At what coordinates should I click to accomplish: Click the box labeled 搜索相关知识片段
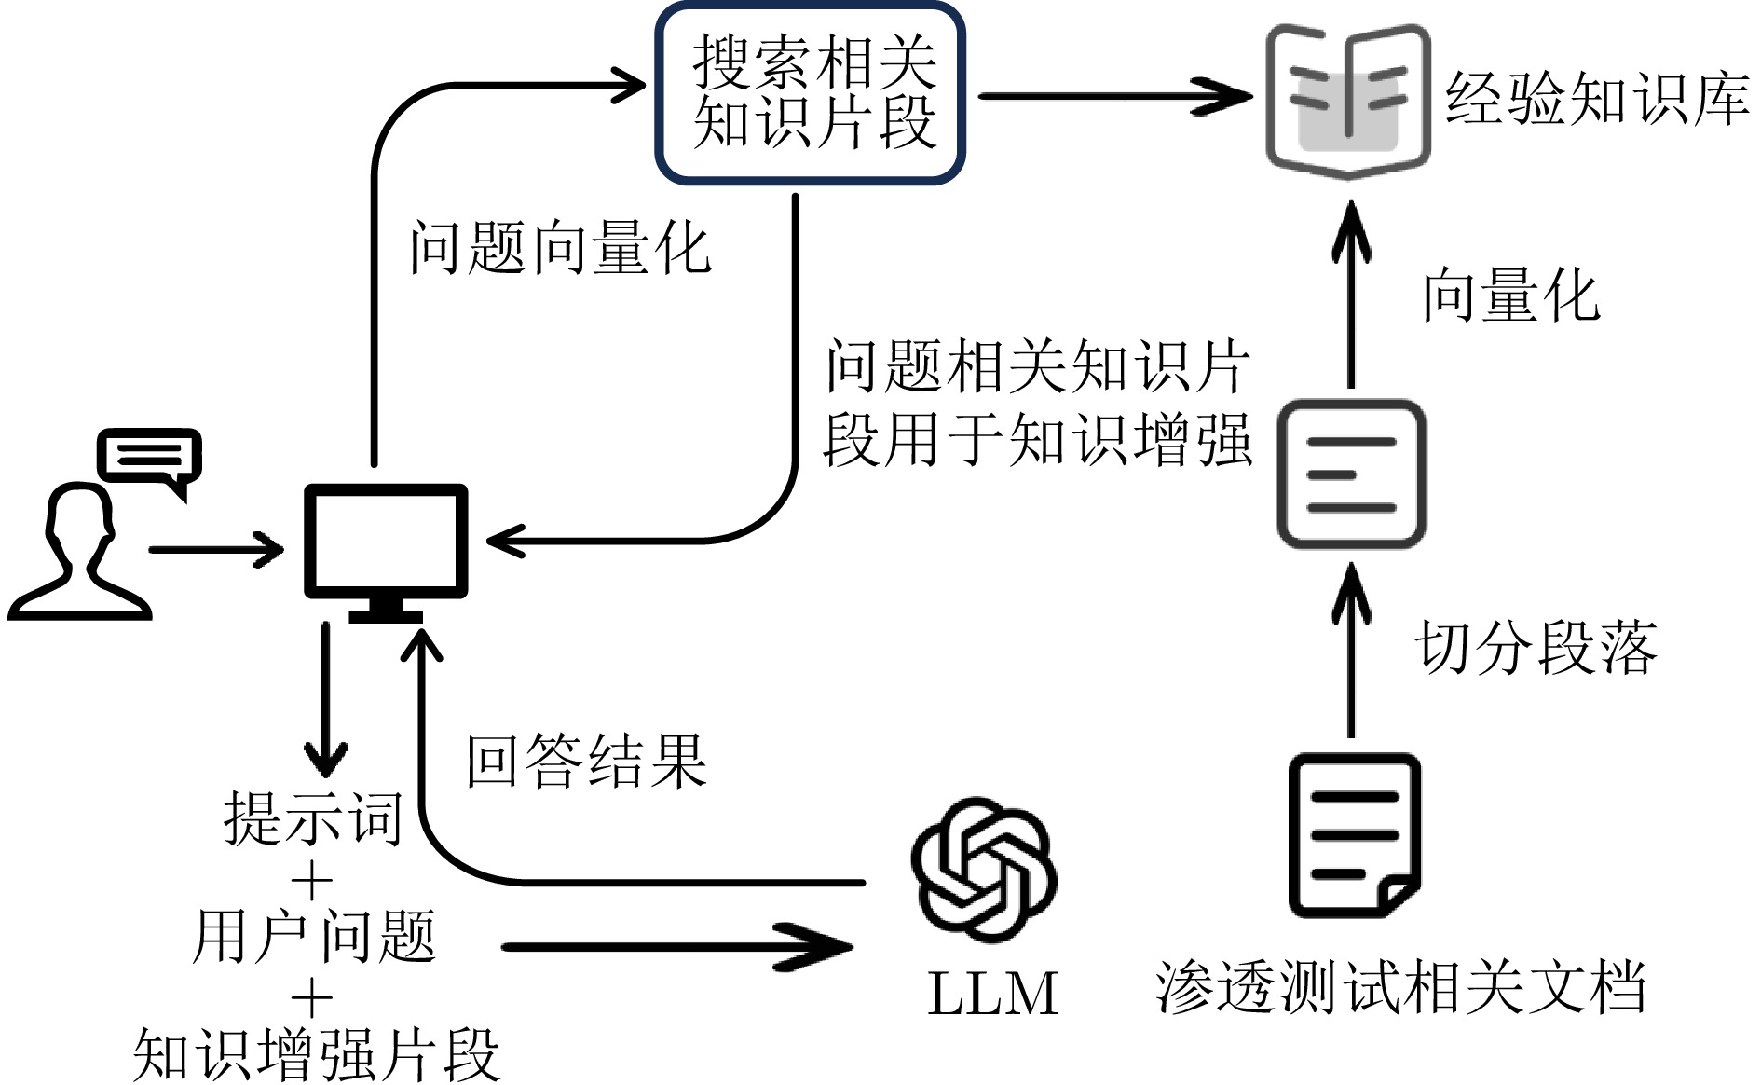coord(810,93)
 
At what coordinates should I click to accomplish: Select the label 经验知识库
coord(1596,99)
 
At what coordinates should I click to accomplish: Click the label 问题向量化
coord(561,249)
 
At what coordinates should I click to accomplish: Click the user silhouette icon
coord(80,555)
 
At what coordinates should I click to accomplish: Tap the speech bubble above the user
coord(150,458)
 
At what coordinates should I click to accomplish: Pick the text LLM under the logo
coord(993,993)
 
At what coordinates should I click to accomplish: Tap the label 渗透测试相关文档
coord(1400,986)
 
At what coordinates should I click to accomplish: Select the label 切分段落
coord(1535,647)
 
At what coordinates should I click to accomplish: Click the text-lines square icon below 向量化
coord(1351,474)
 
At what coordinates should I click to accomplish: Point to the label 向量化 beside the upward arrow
coord(1510,295)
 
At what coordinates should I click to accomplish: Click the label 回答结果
coord(586,761)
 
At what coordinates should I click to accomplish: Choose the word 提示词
coord(313,818)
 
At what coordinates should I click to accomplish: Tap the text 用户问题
coord(314,937)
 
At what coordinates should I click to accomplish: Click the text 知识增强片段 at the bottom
coord(317,1054)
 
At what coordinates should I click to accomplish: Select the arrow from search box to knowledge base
coord(1114,96)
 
